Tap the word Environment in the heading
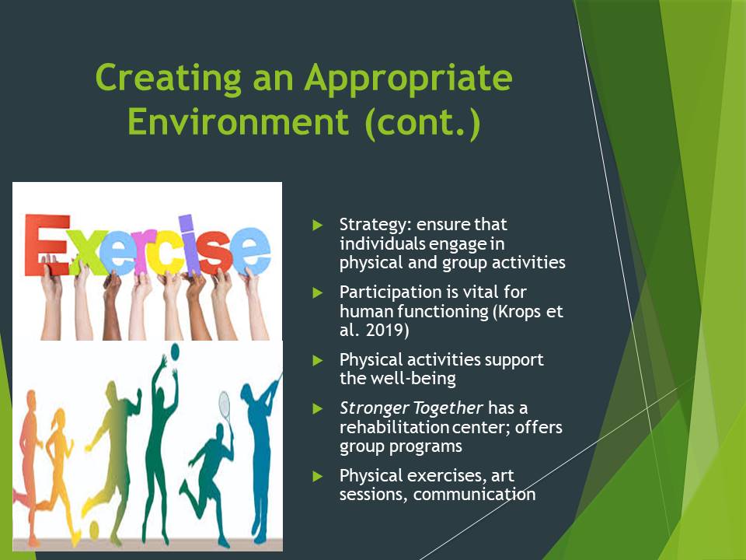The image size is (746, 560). click(x=239, y=121)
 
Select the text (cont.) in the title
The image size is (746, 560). click(x=423, y=123)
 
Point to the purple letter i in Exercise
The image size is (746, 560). click(x=186, y=244)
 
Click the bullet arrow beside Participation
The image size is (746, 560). click(x=318, y=292)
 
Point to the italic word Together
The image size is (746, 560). click(x=448, y=408)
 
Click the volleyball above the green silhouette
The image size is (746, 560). click(x=175, y=352)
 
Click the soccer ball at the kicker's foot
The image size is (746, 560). click(x=94, y=530)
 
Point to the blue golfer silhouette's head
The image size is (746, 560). click(x=246, y=391)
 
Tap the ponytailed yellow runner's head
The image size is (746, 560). click(x=59, y=418)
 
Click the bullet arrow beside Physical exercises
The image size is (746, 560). click(x=318, y=476)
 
